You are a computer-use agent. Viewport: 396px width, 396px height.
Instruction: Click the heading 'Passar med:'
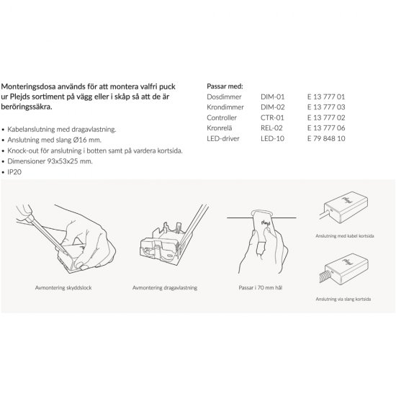(x=225, y=86)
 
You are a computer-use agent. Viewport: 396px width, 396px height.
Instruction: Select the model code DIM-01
(x=272, y=96)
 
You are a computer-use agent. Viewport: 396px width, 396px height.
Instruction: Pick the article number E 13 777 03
(x=326, y=107)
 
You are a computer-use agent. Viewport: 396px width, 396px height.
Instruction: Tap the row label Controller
(x=222, y=117)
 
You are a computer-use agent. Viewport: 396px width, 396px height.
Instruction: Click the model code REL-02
(x=271, y=128)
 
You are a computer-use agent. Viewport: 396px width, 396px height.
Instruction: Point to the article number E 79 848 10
(x=326, y=138)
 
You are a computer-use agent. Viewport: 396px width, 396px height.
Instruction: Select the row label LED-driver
(x=223, y=138)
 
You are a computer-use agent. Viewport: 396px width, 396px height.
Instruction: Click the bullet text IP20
(x=14, y=172)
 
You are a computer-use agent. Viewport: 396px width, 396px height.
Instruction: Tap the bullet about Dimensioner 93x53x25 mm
(x=50, y=161)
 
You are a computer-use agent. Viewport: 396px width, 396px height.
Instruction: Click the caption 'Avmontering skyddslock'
(x=63, y=288)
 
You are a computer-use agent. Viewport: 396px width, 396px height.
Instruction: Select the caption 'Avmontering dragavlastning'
(x=165, y=288)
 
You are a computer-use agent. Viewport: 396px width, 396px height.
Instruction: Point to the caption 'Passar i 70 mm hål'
(x=261, y=288)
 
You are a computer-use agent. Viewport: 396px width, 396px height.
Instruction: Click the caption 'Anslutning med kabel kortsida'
(x=345, y=236)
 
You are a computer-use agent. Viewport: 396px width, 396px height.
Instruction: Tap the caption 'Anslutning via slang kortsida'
(x=343, y=299)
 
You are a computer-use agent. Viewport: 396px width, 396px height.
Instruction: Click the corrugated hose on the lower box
(x=325, y=276)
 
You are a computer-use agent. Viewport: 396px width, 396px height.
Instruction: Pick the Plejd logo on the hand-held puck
(x=266, y=223)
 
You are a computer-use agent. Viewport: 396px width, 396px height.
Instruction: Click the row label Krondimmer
(x=225, y=107)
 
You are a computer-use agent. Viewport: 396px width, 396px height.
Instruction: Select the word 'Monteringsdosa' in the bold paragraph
(x=28, y=86)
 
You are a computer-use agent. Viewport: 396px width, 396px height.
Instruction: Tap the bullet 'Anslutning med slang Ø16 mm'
(x=54, y=140)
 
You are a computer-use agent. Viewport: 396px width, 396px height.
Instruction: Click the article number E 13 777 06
(x=326, y=128)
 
